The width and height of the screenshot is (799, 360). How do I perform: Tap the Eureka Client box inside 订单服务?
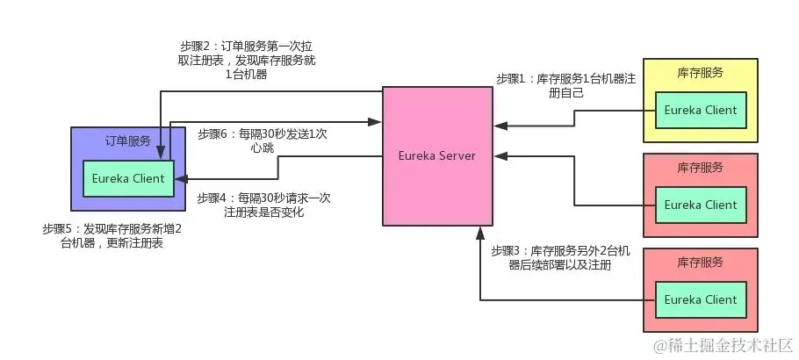point(128,179)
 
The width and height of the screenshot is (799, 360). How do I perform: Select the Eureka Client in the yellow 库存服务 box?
point(700,110)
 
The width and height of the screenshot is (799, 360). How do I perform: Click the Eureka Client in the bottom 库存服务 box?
point(700,299)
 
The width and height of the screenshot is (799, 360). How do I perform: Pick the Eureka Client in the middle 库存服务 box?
point(700,205)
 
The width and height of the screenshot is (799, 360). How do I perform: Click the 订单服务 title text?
point(128,140)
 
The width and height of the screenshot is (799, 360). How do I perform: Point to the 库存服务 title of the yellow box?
point(700,73)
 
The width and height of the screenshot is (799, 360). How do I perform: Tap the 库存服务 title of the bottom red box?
point(700,263)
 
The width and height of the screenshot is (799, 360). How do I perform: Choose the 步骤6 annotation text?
point(263,141)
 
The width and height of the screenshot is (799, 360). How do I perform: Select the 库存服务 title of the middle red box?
point(700,167)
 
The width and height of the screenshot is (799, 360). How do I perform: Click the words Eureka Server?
point(437,155)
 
